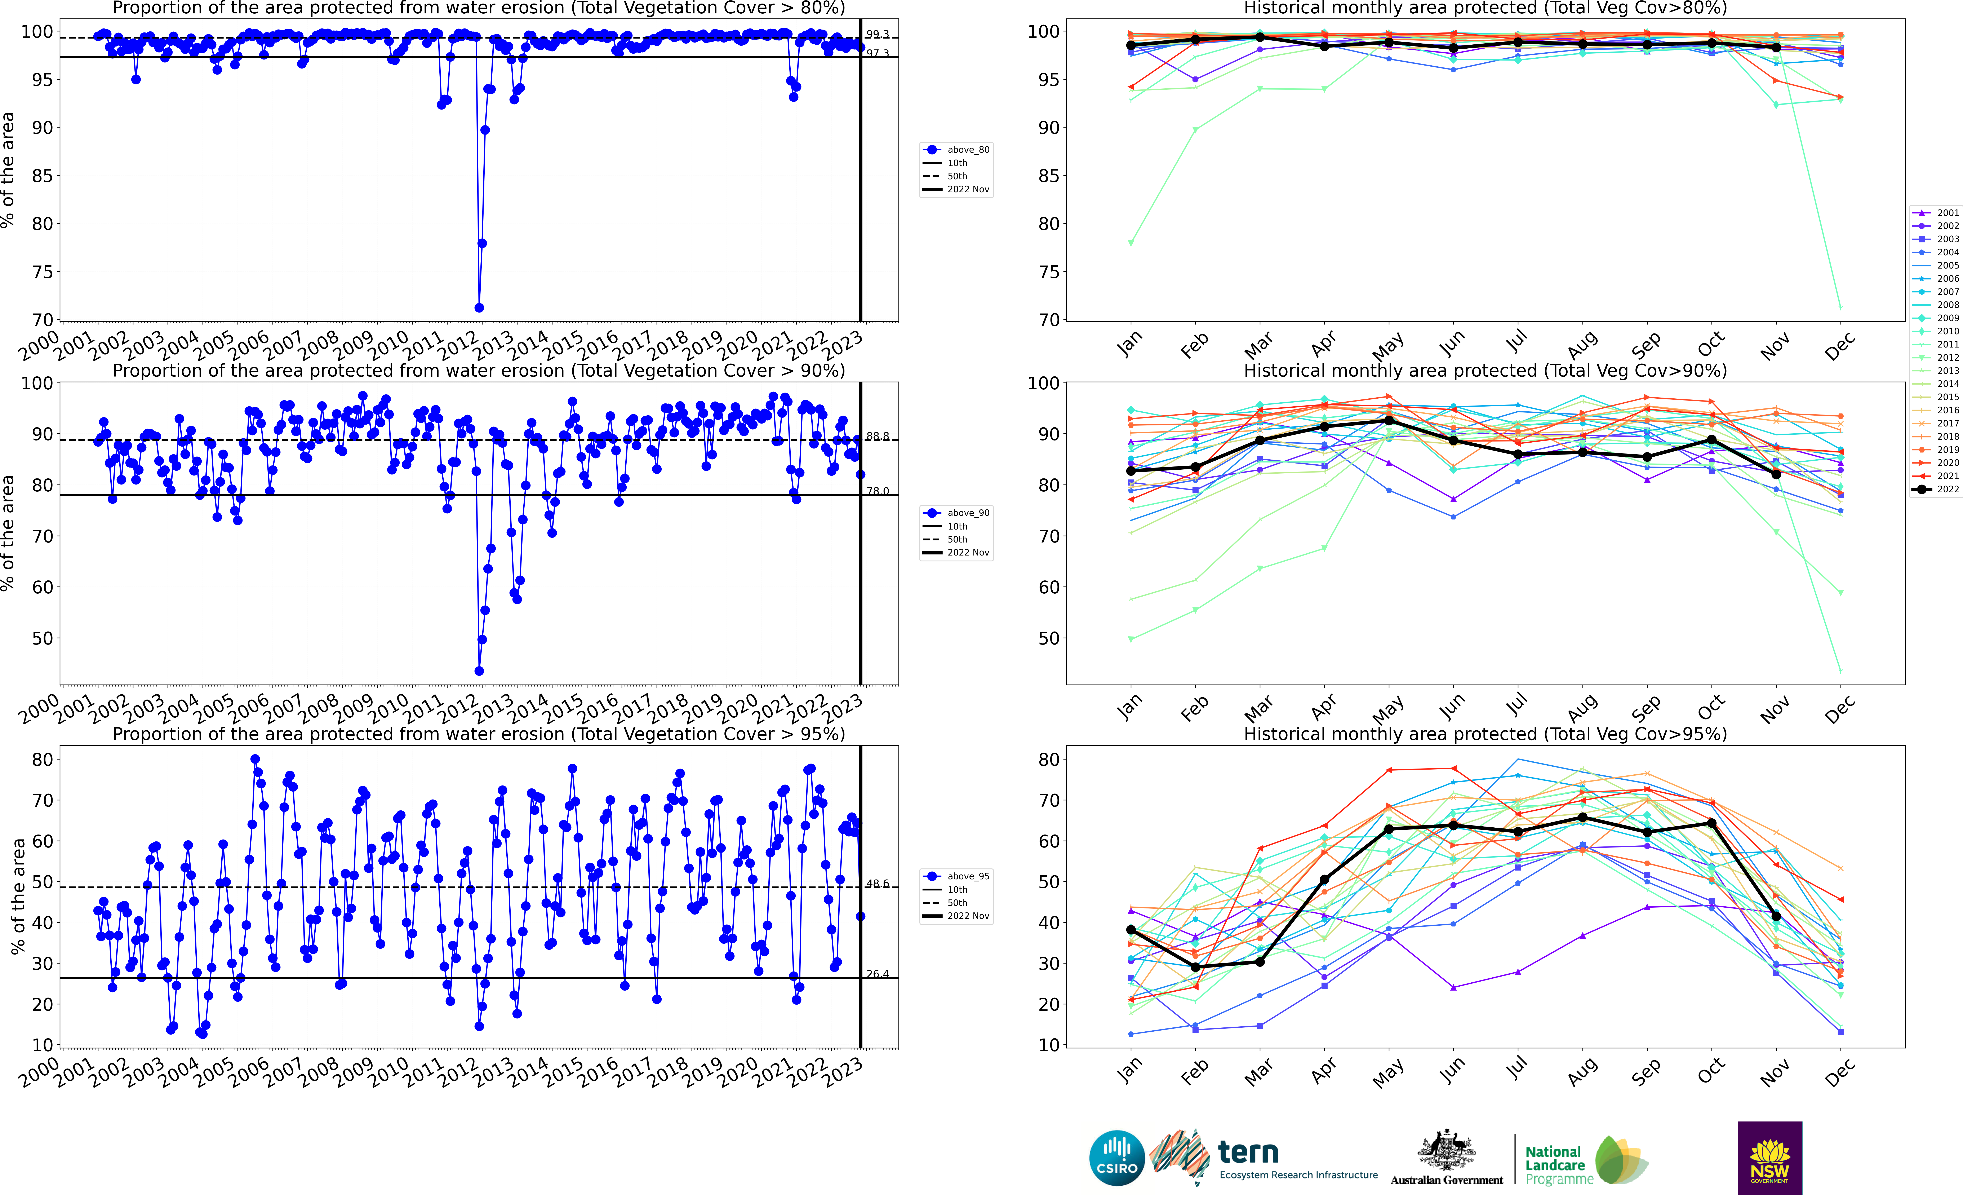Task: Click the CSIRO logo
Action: coord(1117,1158)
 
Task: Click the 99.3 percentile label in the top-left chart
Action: coord(877,34)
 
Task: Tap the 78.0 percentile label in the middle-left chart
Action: coord(877,491)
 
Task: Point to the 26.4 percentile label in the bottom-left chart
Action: coord(877,974)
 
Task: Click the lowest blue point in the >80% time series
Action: coord(479,307)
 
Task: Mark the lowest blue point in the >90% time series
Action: coord(479,671)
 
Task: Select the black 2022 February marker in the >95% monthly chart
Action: coord(1195,967)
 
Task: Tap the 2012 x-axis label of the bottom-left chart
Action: coord(459,1073)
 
